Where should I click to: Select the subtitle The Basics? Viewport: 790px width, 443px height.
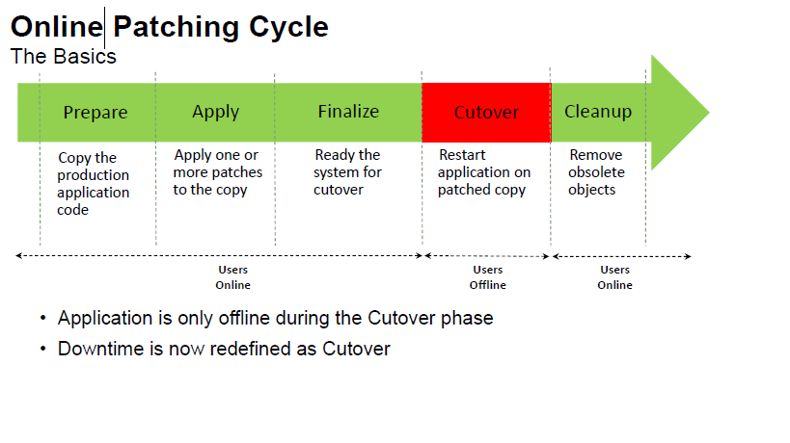pos(64,56)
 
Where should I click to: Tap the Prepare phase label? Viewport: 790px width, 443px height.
pos(95,113)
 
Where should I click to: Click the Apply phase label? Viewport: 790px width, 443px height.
pos(215,112)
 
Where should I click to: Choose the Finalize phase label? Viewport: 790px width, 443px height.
pos(348,112)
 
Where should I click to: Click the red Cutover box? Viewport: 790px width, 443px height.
pos(486,113)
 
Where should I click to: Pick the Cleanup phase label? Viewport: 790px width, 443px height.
pos(598,112)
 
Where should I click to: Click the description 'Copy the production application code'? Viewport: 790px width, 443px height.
pos(93,183)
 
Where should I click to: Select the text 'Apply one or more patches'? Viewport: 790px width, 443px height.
pos(217,172)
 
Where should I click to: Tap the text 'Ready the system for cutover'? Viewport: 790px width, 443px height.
pos(347,172)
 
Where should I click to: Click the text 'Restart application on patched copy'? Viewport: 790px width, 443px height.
pos(484,172)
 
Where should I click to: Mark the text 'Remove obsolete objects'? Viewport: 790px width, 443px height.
pos(596,172)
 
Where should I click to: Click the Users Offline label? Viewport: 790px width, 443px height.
pos(488,277)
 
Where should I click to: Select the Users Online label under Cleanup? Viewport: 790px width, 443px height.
pos(614,277)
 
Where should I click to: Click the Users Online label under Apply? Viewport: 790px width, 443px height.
pos(232,277)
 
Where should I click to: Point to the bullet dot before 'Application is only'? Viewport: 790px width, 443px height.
pos(43,318)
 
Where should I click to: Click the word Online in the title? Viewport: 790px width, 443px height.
pos(56,26)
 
